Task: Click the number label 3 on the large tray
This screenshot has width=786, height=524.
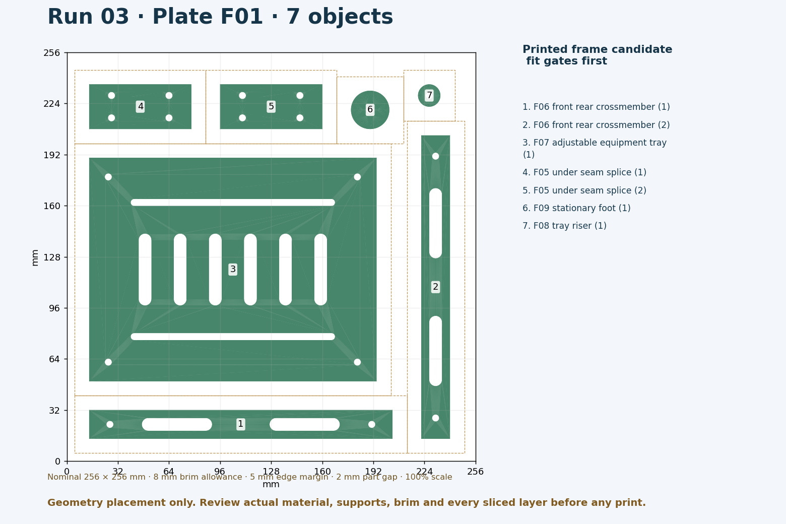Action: (x=233, y=269)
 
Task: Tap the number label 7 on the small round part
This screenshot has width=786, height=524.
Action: (x=429, y=95)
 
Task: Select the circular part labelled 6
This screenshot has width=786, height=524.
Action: (x=370, y=110)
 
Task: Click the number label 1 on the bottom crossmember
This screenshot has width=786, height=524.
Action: (x=240, y=424)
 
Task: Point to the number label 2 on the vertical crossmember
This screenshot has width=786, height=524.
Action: (x=435, y=287)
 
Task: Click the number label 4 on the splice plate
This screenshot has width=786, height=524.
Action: (x=141, y=106)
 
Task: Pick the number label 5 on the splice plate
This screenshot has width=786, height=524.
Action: (x=271, y=106)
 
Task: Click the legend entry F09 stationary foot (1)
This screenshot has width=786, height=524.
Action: (x=576, y=208)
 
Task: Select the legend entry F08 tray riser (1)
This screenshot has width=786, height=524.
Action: (x=564, y=226)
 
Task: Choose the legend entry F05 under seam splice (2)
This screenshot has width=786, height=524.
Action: (x=584, y=190)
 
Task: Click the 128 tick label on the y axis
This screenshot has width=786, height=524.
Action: (x=51, y=257)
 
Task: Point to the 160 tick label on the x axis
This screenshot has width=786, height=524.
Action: (x=322, y=472)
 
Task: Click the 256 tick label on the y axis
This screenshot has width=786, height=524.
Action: (x=51, y=53)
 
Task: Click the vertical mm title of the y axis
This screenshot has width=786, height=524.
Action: (x=35, y=258)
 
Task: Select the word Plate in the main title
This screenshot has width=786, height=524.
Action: (x=208, y=17)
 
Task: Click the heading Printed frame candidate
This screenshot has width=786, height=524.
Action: (x=597, y=49)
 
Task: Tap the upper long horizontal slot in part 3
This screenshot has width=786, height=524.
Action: (x=233, y=203)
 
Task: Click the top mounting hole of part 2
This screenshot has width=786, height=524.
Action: (x=435, y=156)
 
